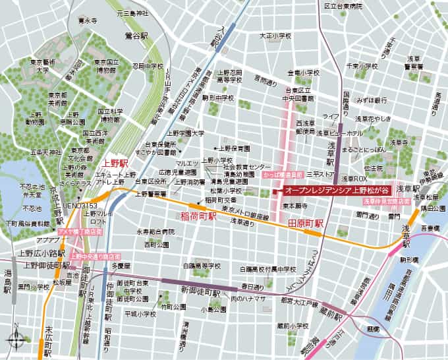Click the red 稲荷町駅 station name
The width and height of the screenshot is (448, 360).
[x=198, y=216]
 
